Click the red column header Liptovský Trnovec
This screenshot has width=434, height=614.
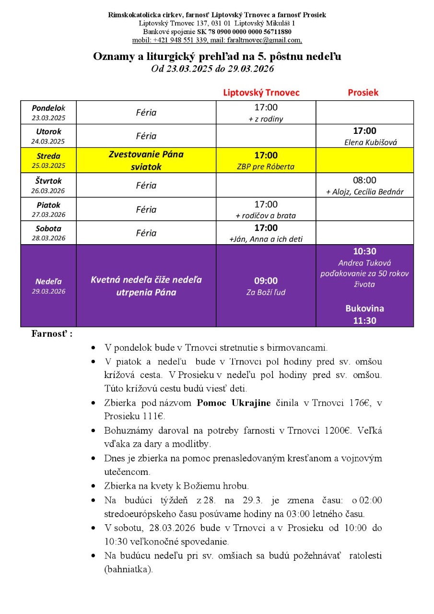(261, 93)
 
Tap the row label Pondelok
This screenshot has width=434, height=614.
(48, 108)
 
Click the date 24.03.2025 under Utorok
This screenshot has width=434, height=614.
(48, 142)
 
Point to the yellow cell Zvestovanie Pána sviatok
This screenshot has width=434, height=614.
(146, 161)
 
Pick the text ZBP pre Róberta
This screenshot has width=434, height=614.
(266, 167)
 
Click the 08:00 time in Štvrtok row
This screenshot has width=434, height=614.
(364, 180)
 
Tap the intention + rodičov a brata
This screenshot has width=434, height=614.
(266, 215)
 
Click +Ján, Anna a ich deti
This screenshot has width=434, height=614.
(266, 239)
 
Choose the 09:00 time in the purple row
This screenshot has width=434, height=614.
(266, 281)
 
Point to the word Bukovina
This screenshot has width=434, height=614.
(364, 308)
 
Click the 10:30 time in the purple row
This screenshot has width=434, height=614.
(364, 252)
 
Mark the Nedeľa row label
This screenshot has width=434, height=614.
(48, 282)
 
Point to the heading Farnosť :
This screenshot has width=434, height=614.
(52, 333)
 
